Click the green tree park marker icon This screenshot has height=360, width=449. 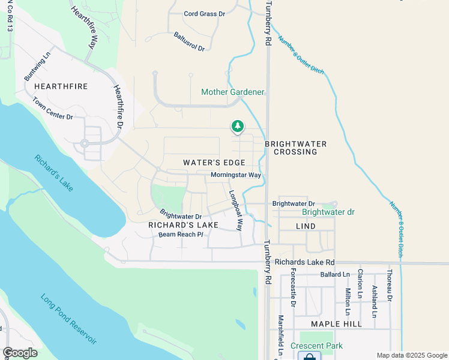click(238, 126)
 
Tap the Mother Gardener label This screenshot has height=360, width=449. click(232, 92)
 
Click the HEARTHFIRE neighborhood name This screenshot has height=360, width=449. click(61, 86)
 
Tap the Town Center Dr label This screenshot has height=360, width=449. click(53, 109)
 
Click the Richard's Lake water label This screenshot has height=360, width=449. click(53, 173)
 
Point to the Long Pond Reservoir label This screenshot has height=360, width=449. click(68, 318)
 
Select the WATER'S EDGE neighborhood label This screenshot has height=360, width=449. click(214, 163)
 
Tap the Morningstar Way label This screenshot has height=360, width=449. click(236, 175)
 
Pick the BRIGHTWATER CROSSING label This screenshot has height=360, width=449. click(295, 148)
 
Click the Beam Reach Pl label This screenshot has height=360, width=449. click(182, 234)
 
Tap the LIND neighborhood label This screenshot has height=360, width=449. click(306, 226)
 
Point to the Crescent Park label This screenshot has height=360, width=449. click(316, 346)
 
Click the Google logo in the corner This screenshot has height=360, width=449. click(20, 353)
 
